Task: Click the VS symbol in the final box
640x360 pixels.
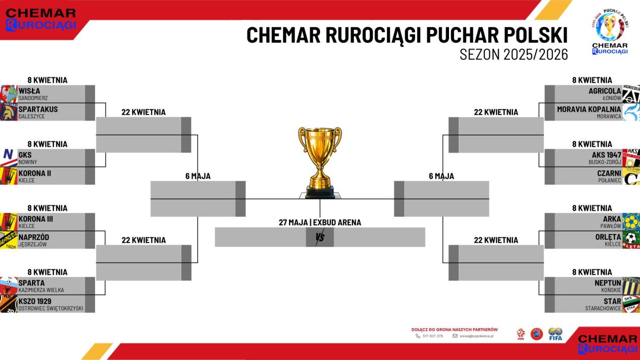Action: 320,237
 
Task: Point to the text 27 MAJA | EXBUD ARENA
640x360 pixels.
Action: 320,222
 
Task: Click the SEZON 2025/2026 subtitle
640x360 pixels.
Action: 514,55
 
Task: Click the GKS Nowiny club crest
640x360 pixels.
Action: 9,157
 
